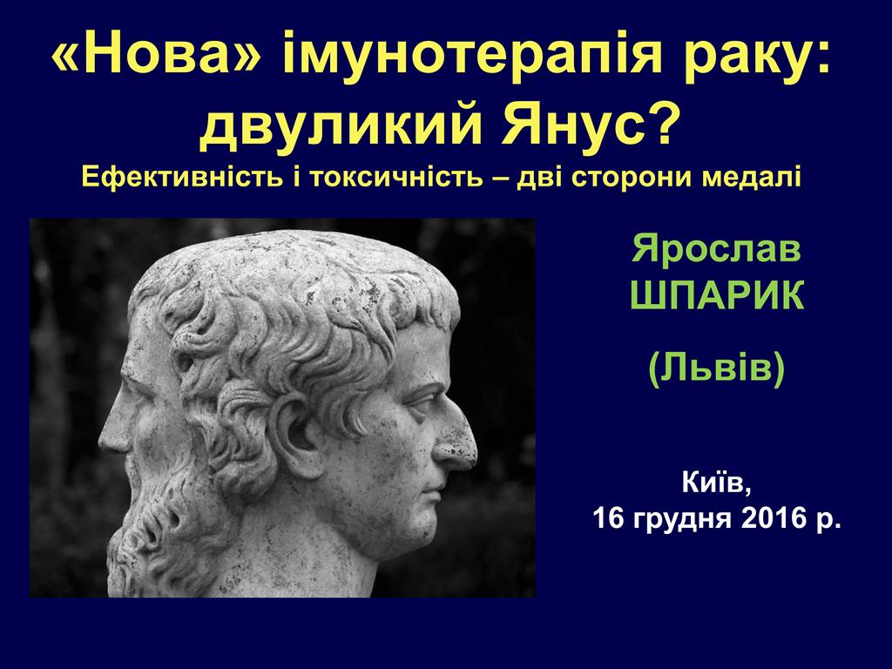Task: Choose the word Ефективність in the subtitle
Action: click(x=183, y=177)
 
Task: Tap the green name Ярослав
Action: click(x=716, y=250)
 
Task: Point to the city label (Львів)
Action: click(x=716, y=369)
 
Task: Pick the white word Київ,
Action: click(x=716, y=484)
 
